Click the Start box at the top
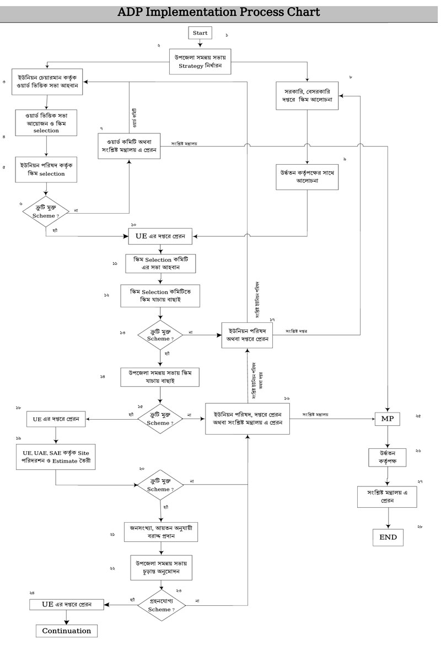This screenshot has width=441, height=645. (x=200, y=33)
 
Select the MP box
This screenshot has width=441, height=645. (x=389, y=419)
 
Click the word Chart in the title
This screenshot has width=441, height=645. (x=298, y=12)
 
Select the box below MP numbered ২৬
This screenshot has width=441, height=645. (x=389, y=456)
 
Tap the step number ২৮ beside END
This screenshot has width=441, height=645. (x=420, y=527)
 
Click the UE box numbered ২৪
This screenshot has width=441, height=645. (x=67, y=604)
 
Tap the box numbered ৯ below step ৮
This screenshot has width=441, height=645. (x=307, y=176)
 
